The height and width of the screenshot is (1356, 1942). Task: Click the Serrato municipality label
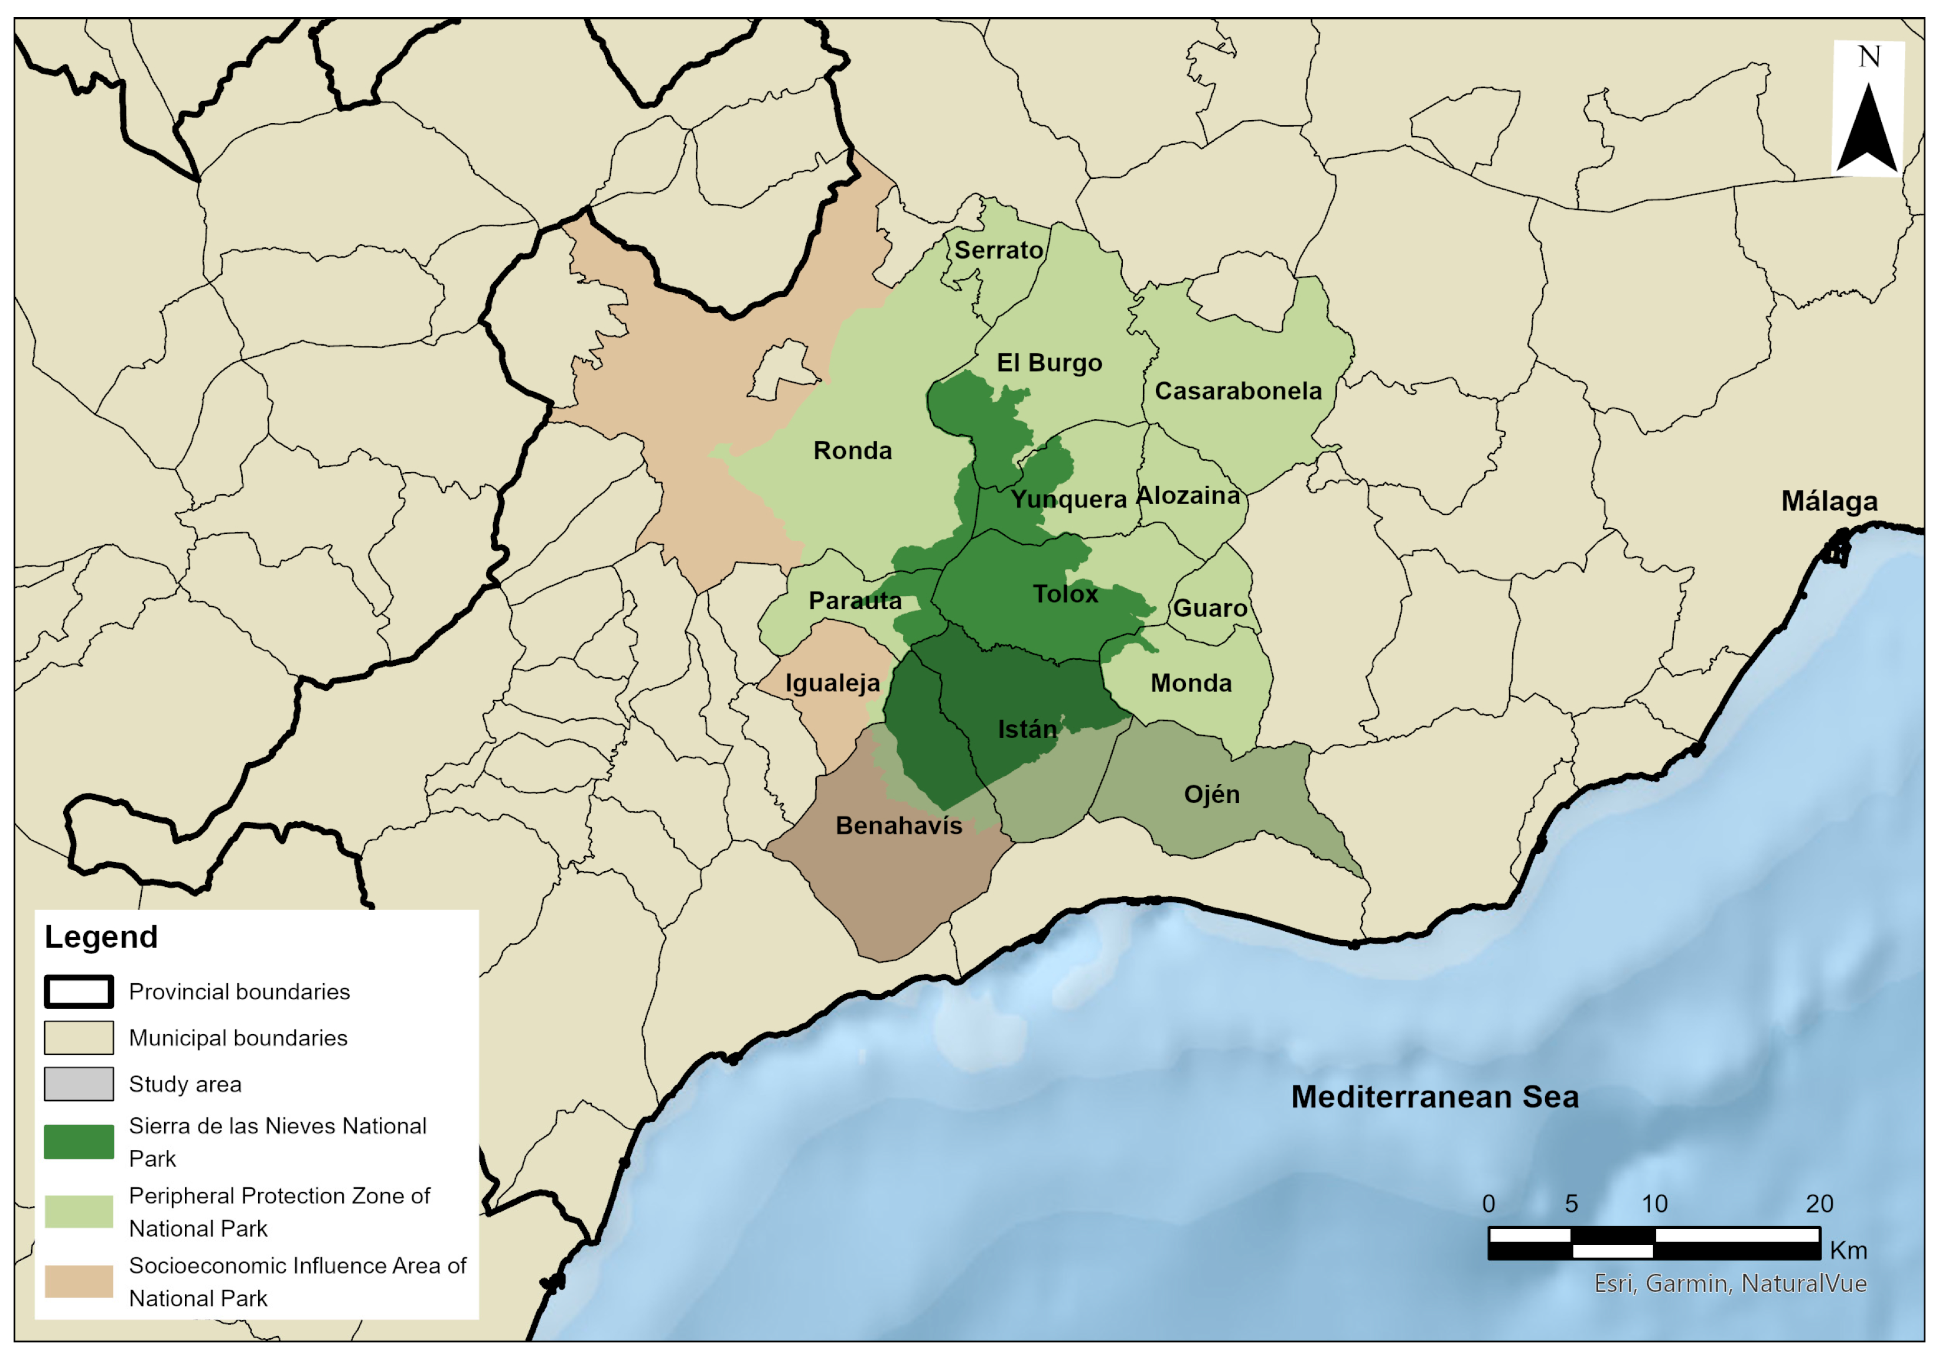(998, 251)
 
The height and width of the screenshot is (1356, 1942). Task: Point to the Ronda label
(853, 450)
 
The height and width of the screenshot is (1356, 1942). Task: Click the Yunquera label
(1068, 499)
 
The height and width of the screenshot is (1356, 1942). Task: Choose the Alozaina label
(1188, 495)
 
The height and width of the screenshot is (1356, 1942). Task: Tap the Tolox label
(1065, 594)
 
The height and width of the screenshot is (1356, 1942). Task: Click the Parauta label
(855, 601)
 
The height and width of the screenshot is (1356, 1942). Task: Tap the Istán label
(1027, 729)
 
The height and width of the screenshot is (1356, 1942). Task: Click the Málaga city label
(1829, 501)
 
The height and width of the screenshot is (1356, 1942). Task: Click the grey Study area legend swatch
(79, 1084)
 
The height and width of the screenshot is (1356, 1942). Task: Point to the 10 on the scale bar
(1654, 1204)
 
